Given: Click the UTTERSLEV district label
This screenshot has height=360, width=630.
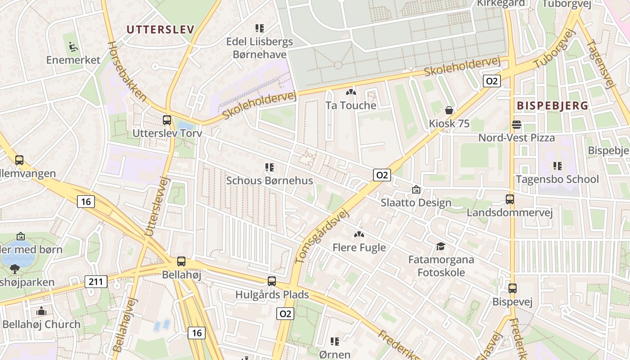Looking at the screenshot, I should pos(160,30).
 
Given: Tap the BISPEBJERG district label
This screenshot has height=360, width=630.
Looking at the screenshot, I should pos(552,106).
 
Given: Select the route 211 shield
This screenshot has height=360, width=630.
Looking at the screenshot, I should pos(96,282).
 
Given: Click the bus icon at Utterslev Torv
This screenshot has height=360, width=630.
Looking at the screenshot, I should pos(167,120).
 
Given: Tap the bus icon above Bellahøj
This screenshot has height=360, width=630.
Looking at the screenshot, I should pos(181,261).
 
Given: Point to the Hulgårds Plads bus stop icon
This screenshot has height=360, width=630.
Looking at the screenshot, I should pos(272,281).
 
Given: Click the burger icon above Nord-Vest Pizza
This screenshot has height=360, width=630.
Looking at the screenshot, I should pos(516,125).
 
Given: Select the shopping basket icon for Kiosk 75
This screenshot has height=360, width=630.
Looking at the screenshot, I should pos(449,110).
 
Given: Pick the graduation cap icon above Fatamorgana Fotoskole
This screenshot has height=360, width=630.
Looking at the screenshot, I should pos(441,246).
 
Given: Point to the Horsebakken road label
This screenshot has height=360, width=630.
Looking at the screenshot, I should pos(127,71).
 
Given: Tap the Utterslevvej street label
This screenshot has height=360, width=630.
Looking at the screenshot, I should pos(157,206).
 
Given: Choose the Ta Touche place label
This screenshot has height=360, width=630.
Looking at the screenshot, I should pos(351,106).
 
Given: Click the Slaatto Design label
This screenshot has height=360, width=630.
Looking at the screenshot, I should pos(416,202).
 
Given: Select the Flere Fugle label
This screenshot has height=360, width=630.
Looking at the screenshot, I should pos(359,247).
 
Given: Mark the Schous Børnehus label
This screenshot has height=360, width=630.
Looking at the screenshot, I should pos(269,180).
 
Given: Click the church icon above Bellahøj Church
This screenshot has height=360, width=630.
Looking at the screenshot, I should pos(41,311).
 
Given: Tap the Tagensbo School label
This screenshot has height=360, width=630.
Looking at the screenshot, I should pos(557,179).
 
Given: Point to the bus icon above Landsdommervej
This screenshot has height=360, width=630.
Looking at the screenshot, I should pos(510,199).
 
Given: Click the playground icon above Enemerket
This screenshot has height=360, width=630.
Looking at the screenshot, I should pos(72,46).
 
